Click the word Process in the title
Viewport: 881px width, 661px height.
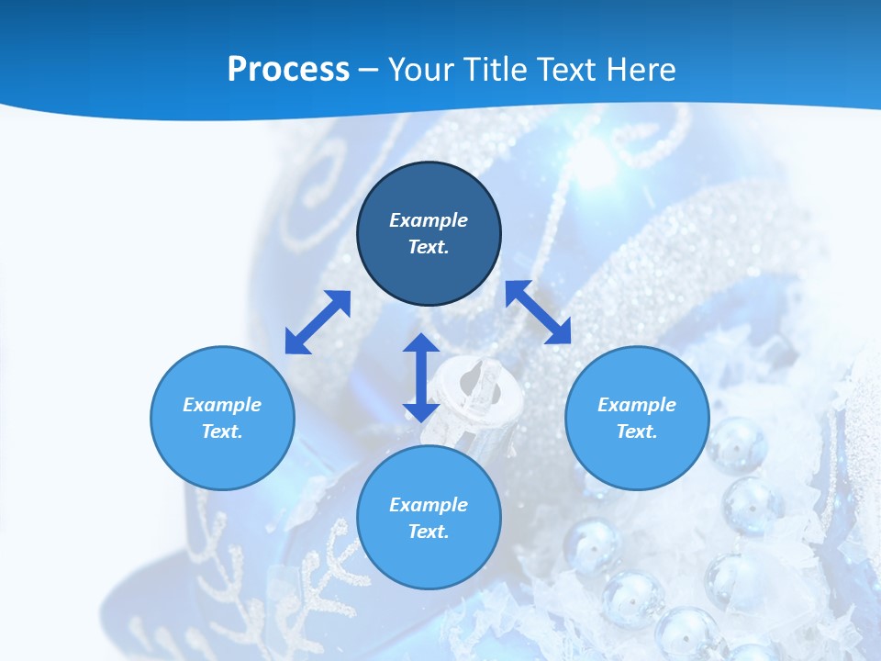[288, 70]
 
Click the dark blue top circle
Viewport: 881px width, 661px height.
[429, 234]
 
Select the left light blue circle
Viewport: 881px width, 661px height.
[222, 418]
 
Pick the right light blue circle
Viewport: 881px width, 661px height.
[636, 418]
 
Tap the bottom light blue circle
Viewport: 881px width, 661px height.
[429, 518]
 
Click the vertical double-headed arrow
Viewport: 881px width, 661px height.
[421, 377]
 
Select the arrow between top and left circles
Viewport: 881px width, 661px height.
[318, 321]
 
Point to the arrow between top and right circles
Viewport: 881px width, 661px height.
[538, 312]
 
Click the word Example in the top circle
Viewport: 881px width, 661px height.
[429, 220]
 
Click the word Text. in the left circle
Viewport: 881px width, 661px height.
[222, 431]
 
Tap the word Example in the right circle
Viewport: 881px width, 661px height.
[636, 405]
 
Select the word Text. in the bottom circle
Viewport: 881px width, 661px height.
[429, 532]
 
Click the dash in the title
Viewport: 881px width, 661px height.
[369, 70]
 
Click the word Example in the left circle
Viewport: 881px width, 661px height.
[222, 405]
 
